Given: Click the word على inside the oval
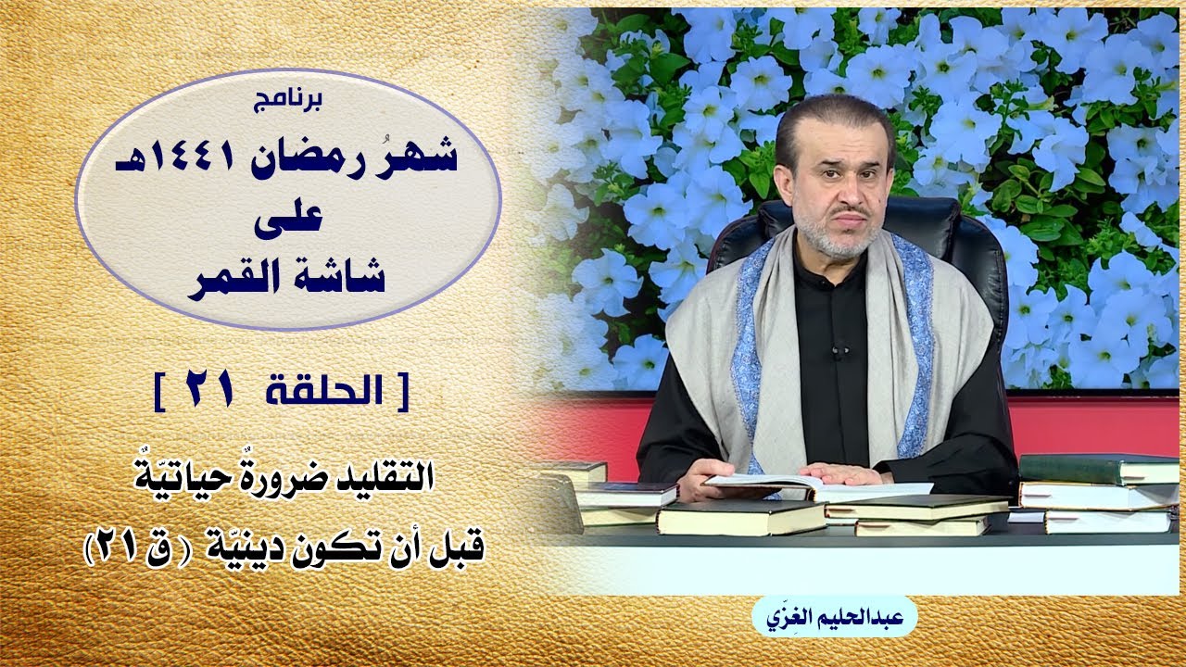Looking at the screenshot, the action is tap(288, 218).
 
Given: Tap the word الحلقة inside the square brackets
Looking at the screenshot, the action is tap(324, 391).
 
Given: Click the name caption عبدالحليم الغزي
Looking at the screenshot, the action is tap(835, 618).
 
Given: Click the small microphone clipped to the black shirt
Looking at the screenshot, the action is tap(839, 351).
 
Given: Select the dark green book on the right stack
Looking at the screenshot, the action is tap(1099, 469).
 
